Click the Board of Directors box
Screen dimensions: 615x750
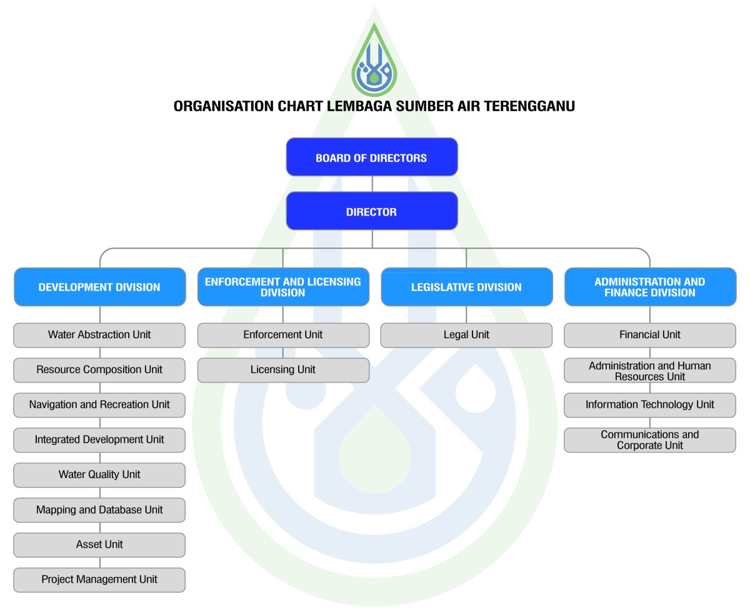372,157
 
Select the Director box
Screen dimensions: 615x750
372,211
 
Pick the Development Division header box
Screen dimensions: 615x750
99,287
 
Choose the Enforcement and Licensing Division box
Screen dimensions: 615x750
283,287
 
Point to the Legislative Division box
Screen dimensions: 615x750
466,287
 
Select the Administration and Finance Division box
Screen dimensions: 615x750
650,287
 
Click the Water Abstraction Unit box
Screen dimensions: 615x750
99,335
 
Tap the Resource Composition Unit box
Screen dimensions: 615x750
99,370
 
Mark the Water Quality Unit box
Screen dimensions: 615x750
99,475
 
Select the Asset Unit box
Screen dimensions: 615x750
99,545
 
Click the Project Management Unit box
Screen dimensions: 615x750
99,580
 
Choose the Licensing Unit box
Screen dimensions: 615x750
283,370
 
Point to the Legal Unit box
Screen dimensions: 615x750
466,335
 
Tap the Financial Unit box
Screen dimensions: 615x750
650,335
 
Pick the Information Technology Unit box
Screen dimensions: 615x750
650,405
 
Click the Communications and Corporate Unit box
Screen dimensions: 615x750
650,440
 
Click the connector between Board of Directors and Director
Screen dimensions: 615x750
372,184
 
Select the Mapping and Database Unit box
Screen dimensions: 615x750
99,510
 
